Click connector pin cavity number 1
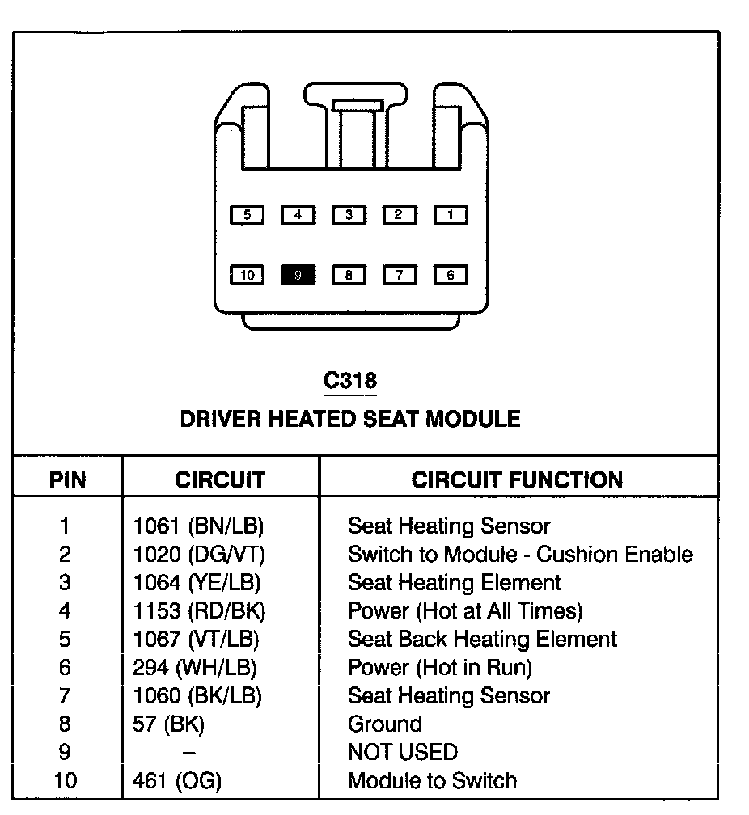(x=451, y=215)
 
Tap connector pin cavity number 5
(x=248, y=215)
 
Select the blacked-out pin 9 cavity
(x=298, y=275)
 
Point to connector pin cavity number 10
(x=248, y=275)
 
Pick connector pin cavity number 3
(x=349, y=215)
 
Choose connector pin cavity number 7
(x=400, y=275)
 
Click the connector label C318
(x=349, y=380)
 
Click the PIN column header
(x=68, y=479)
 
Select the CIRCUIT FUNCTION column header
(x=518, y=479)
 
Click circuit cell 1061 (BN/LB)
(x=198, y=526)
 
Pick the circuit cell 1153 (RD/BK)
(x=199, y=611)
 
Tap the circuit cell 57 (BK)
(x=168, y=724)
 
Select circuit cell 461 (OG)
(x=177, y=781)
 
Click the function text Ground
(x=385, y=724)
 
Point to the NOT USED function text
(x=402, y=753)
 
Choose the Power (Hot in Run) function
(x=440, y=668)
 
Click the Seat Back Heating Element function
(x=482, y=640)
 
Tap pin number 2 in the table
(x=65, y=555)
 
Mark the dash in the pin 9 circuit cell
(x=188, y=753)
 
